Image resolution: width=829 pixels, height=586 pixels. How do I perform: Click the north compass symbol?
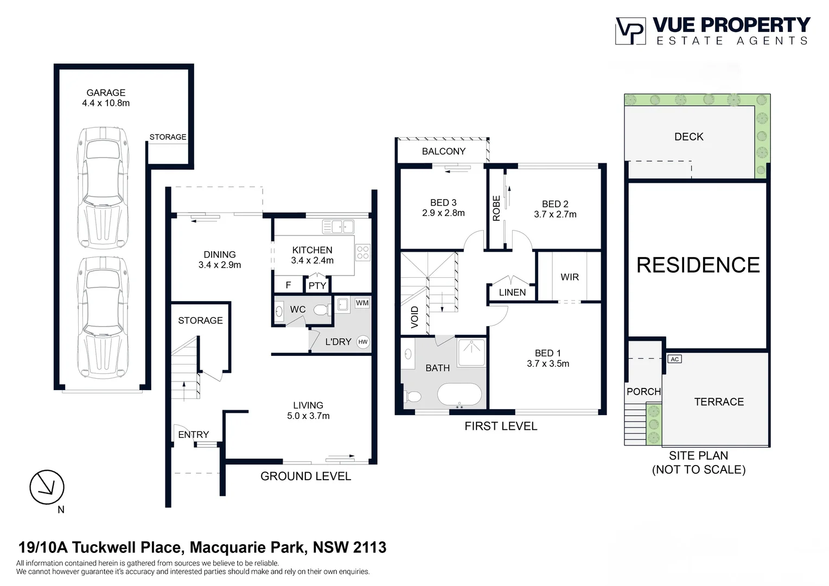(x=47, y=487)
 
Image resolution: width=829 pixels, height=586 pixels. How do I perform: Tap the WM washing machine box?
(x=362, y=303)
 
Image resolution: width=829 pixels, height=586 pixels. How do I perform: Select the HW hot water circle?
(x=363, y=342)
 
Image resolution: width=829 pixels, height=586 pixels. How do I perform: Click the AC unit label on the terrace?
(x=674, y=359)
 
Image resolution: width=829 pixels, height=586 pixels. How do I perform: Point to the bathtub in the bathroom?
(x=459, y=395)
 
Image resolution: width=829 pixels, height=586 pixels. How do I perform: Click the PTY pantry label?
(x=317, y=285)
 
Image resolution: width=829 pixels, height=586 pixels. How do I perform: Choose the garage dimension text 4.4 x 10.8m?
(x=106, y=103)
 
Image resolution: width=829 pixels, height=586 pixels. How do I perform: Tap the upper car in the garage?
(x=103, y=187)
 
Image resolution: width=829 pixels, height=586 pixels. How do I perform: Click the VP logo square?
(x=630, y=31)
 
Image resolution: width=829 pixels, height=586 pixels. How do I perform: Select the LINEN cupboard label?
(x=512, y=292)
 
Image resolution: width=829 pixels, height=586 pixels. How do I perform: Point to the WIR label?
(x=570, y=277)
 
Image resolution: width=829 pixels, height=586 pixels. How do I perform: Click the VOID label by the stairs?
(x=415, y=317)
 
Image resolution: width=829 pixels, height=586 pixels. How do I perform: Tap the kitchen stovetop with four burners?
(x=363, y=252)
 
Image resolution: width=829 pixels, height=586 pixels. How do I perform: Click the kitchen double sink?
(x=338, y=226)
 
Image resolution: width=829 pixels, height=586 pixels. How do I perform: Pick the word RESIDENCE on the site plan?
(x=698, y=265)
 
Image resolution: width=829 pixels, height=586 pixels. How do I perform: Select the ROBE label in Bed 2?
(x=496, y=208)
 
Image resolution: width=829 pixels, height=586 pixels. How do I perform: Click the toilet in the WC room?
(x=321, y=310)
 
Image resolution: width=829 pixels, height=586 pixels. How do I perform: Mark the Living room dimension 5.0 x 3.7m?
(x=308, y=416)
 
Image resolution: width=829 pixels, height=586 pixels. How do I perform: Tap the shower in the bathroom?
(x=471, y=352)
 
